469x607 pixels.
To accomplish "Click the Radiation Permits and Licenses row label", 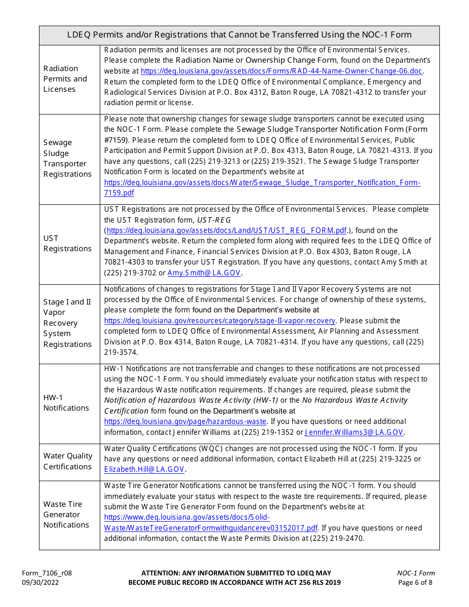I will [65, 79].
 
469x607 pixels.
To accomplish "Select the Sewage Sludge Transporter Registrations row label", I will [67, 158].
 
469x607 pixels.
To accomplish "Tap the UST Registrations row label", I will [67, 243].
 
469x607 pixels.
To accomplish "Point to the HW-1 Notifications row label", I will [66, 403].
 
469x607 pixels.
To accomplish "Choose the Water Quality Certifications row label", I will [68, 461].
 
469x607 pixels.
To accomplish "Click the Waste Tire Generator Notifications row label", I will [66, 514].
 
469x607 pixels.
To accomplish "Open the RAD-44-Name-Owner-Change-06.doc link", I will [281, 71].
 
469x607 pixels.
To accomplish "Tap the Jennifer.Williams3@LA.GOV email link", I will [354, 432].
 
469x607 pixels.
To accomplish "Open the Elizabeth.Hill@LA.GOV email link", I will [144, 469].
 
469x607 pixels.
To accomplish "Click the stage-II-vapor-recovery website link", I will [220, 321].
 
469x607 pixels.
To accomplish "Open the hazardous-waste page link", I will [185, 421].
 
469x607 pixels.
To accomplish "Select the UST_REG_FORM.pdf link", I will [227, 230].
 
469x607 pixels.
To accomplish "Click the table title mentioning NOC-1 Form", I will [239, 35].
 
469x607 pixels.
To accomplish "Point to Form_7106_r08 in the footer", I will [47, 573].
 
